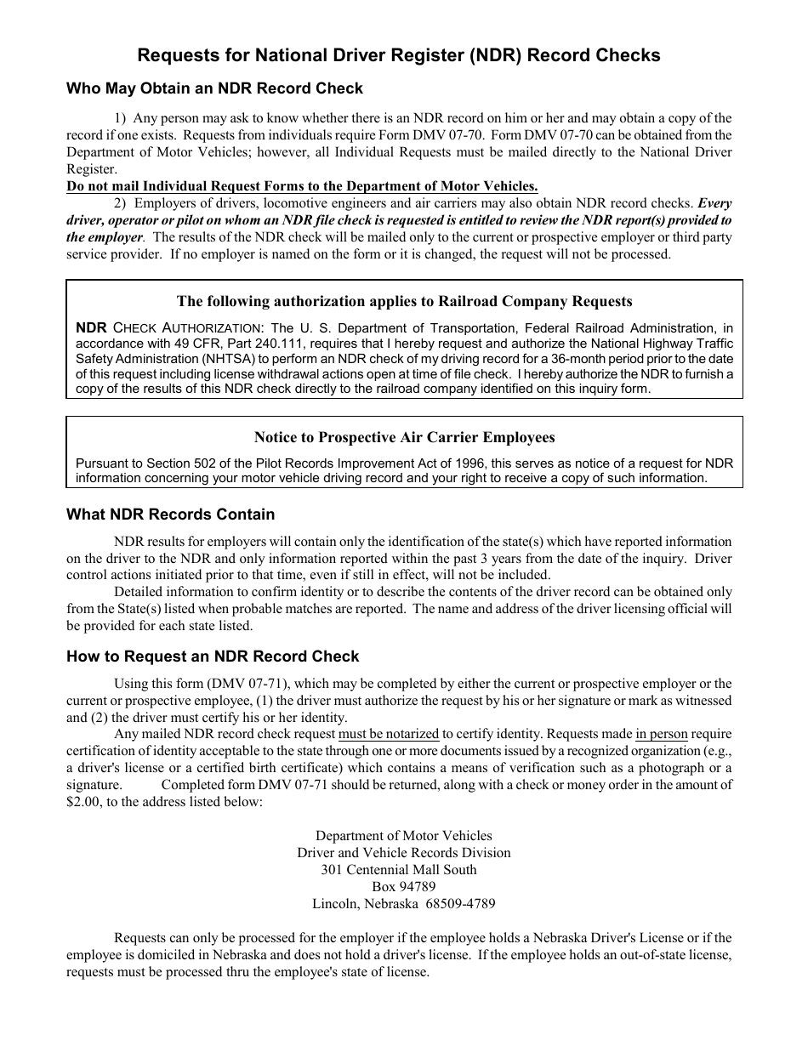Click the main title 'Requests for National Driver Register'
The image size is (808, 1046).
click(399, 55)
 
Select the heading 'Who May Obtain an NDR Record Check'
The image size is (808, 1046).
click(214, 88)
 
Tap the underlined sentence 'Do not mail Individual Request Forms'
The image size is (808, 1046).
click(302, 186)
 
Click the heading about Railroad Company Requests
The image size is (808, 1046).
click(404, 301)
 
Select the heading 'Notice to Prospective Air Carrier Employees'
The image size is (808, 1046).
click(404, 437)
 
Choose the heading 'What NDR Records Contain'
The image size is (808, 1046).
click(170, 514)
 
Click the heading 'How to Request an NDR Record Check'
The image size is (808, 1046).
click(213, 657)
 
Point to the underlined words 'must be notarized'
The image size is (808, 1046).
click(389, 734)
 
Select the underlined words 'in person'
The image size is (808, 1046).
click(661, 734)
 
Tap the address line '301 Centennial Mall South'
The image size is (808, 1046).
click(398, 870)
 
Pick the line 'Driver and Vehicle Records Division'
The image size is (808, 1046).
click(403, 853)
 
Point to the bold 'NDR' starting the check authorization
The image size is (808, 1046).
click(91, 328)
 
